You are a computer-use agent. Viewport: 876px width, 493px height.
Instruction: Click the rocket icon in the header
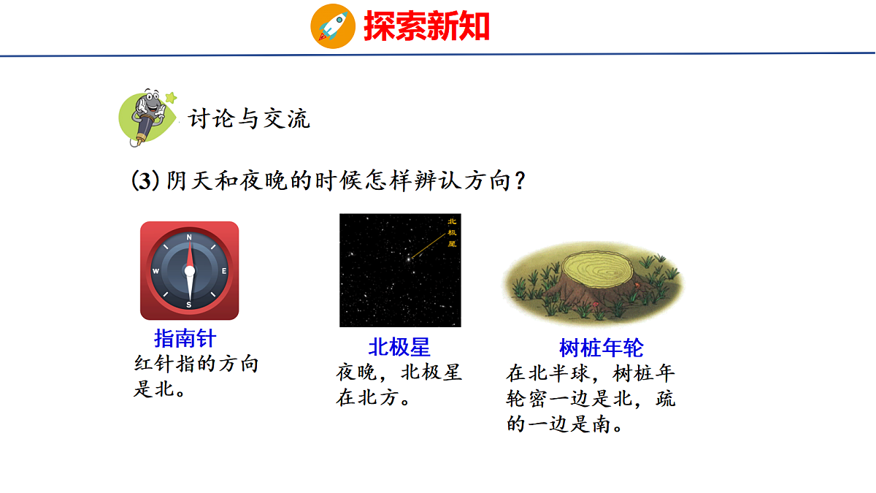click(333, 26)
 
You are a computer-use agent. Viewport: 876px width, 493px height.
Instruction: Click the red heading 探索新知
click(426, 26)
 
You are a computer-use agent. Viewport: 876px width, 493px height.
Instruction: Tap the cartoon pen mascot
click(148, 117)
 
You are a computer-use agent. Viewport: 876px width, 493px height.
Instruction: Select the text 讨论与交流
click(249, 118)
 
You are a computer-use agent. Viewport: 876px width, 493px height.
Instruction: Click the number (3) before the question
click(145, 180)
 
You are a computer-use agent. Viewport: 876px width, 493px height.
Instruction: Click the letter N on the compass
click(189, 237)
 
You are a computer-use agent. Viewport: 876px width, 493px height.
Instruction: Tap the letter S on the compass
click(189, 305)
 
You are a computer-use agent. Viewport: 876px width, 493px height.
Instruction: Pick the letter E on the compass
click(224, 271)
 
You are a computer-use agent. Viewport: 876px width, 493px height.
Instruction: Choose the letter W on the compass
click(155, 271)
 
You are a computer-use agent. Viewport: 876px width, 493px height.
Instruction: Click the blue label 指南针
click(185, 338)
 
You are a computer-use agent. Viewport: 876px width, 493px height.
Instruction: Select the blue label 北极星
click(399, 346)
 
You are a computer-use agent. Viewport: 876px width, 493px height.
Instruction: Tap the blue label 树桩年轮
click(601, 347)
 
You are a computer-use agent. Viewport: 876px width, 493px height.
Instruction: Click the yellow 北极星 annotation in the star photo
click(451, 232)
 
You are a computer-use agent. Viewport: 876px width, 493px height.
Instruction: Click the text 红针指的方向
click(196, 364)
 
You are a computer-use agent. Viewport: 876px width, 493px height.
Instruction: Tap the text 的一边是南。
click(565, 424)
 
